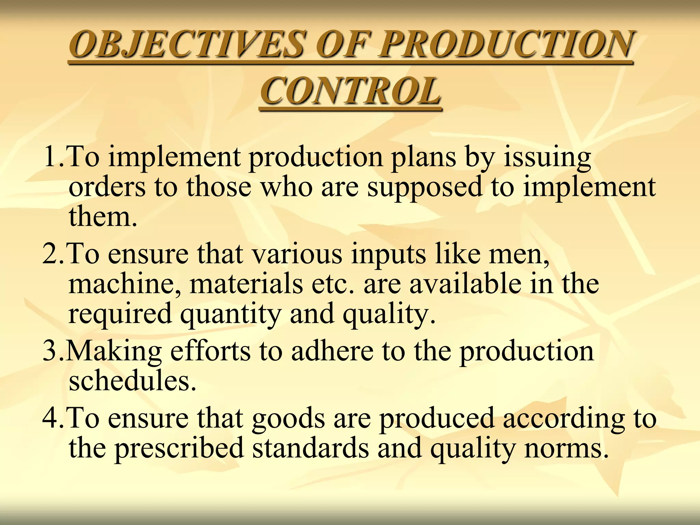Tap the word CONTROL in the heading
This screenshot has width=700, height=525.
[351, 92]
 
